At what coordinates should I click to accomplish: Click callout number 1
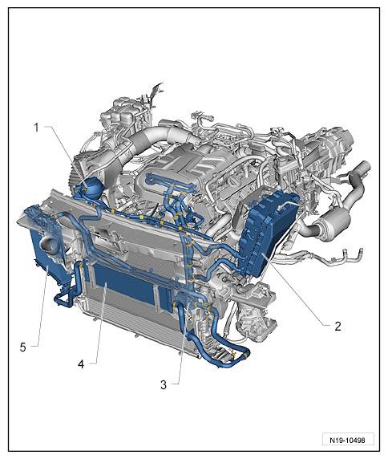37,128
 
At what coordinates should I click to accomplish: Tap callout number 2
337,326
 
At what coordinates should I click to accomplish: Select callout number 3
164,384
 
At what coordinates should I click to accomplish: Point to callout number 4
81,364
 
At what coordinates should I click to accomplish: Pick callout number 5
22,347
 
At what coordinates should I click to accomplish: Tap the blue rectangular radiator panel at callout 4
127,282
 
